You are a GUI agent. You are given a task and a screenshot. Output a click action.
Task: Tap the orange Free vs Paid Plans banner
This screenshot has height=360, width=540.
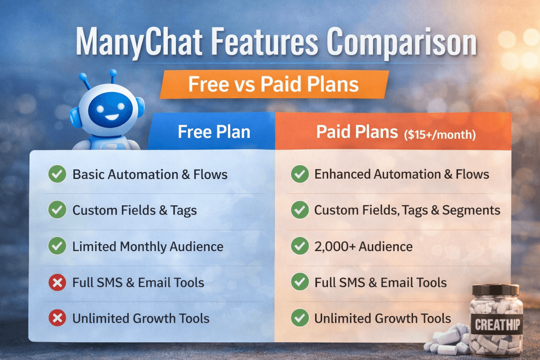(274, 84)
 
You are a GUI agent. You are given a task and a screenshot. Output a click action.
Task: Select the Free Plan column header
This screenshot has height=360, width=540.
(214, 132)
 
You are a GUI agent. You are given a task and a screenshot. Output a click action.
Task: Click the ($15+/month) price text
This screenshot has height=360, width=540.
(440, 135)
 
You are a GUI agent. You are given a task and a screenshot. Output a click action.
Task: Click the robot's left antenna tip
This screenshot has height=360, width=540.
(83, 76)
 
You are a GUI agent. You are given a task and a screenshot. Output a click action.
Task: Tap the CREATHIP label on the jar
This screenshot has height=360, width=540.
(497, 324)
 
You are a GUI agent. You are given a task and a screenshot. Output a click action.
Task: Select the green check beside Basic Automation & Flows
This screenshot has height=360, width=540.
(57, 174)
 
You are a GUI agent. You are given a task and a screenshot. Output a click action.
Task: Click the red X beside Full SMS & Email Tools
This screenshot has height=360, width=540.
(57, 283)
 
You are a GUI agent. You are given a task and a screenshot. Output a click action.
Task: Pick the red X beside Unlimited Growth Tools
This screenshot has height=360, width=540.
(57, 318)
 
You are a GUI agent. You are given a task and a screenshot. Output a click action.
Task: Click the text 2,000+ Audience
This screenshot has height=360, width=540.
(363, 247)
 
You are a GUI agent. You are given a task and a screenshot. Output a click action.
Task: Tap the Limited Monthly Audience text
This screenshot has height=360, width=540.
(148, 247)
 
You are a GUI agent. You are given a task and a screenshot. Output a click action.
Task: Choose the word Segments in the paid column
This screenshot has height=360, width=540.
(471, 210)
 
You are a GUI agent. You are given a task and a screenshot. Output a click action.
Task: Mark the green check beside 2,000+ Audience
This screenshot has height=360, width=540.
(300, 246)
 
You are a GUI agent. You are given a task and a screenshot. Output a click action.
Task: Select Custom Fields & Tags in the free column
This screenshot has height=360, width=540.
(134, 210)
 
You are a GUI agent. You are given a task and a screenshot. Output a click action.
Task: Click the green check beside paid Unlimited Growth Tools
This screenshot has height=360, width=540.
(300, 318)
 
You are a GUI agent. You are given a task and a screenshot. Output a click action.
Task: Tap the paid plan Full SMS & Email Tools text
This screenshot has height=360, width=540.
(380, 283)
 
